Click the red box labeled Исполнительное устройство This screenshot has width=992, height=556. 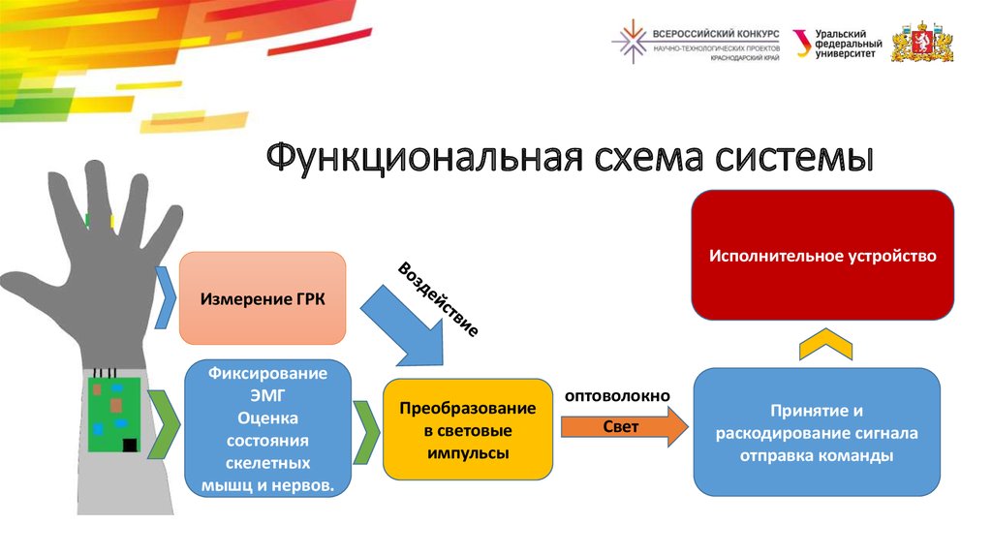click(821, 256)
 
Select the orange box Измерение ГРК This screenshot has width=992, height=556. click(263, 298)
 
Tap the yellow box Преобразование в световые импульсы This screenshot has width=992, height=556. click(468, 430)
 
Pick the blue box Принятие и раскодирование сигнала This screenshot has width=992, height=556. click(818, 432)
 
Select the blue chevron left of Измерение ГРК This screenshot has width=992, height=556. click(165, 297)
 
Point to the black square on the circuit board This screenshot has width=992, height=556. click(130, 445)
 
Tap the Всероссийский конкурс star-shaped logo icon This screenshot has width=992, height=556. click(632, 42)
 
